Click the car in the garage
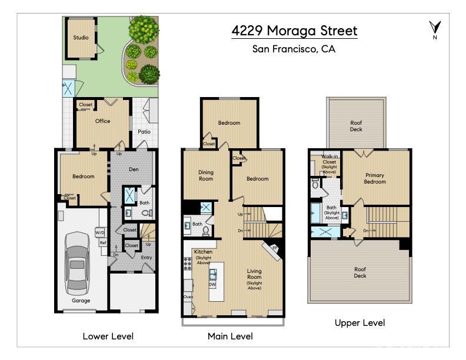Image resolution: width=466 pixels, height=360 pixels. [x=77, y=264]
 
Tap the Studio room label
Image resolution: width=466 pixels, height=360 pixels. [x=81, y=38]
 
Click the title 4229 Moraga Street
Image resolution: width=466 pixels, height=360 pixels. [x=294, y=31]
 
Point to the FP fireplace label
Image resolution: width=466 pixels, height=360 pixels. [x=275, y=248]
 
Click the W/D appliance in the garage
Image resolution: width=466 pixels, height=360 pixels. [x=100, y=232]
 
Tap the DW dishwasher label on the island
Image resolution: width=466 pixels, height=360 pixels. [x=212, y=284]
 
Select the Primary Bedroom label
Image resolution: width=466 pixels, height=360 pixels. [x=375, y=178]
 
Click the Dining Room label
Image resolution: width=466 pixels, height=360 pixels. [x=206, y=175]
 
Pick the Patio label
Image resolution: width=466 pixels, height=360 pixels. [x=144, y=132]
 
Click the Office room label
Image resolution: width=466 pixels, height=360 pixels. [x=102, y=121]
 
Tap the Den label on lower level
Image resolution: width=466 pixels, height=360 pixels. [x=134, y=169]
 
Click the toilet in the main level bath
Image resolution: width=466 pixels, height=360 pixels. [x=206, y=231]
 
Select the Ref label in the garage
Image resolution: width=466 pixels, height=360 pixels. [x=103, y=243]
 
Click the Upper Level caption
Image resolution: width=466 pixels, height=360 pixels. [x=360, y=323]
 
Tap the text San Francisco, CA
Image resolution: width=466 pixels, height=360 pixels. [x=294, y=49]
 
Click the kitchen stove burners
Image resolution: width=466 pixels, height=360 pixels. [x=188, y=264]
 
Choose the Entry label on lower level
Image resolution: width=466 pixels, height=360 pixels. [x=147, y=258]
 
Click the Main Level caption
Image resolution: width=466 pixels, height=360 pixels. [x=230, y=336]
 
